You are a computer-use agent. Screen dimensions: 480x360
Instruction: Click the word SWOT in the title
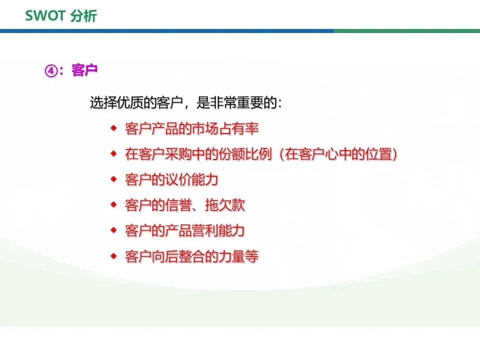[x=45, y=16]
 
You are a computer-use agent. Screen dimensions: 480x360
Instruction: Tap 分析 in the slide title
[x=83, y=16]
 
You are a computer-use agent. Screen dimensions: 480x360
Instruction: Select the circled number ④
[x=51, y=70]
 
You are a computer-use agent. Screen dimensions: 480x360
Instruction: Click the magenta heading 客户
[x=84, y=70]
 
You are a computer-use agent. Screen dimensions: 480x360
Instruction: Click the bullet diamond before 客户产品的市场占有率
[x=114, y=128]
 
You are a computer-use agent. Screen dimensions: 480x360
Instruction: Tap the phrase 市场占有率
[x=225, y=128]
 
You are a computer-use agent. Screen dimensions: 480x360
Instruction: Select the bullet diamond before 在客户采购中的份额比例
[x=114, y=153]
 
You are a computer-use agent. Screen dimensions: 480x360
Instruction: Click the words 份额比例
[x=245, y=153]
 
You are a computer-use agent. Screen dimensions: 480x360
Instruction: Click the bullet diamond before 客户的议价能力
[x=114, y=179]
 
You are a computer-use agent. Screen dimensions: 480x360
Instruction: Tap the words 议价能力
[x=191, y=179]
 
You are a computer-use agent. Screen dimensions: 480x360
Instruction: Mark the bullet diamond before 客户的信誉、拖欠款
[x=114, y=204]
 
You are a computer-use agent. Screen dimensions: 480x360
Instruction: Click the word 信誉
[x=178, y=205]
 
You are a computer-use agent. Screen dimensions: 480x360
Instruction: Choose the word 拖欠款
[x=225, y=205]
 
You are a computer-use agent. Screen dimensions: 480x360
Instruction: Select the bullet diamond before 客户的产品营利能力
[x=114, y=230]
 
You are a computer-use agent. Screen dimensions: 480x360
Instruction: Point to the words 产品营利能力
[x=205, y=230]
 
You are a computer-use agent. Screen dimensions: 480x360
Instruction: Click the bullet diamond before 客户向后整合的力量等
[x=114, y=256]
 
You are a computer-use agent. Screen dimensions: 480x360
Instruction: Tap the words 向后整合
[x=178, y=256]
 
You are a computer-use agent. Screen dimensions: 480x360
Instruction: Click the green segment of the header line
[x=407, y=31]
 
